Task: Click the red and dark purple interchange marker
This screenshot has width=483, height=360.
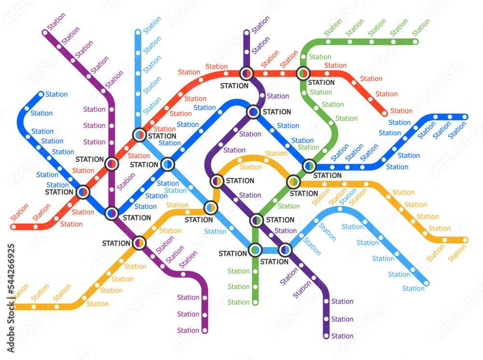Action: pos(246,73)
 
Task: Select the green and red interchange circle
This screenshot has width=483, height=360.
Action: pos(303,73)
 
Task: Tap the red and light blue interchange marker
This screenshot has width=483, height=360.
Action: pos(140,134)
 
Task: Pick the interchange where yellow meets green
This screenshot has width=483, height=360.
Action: pos(293,182)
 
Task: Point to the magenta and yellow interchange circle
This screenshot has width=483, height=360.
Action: pos(139,243)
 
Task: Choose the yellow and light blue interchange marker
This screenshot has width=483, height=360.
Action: pos(211,208)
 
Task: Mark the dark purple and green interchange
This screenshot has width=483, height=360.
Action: pos(256,220)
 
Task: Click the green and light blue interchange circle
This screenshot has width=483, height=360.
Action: pos(255,250)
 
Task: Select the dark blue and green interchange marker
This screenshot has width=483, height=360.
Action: pos(309,166)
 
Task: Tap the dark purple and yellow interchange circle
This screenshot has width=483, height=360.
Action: pos(217,181)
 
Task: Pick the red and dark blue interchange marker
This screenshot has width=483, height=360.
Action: pos(83,192)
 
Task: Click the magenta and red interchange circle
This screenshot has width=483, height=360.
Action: pos(112,164)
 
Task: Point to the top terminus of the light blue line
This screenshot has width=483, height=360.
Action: pos(138,32)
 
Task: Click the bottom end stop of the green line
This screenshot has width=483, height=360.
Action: pos(255,302)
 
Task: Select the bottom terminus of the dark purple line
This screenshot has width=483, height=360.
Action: pos(326,336)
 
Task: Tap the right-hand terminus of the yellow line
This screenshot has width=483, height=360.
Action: pos(465,240)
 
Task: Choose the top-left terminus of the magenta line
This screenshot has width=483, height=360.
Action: pos(45,33)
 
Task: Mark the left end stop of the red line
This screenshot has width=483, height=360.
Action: pos(14,226)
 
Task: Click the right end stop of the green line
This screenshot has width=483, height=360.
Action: pos(415,42)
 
